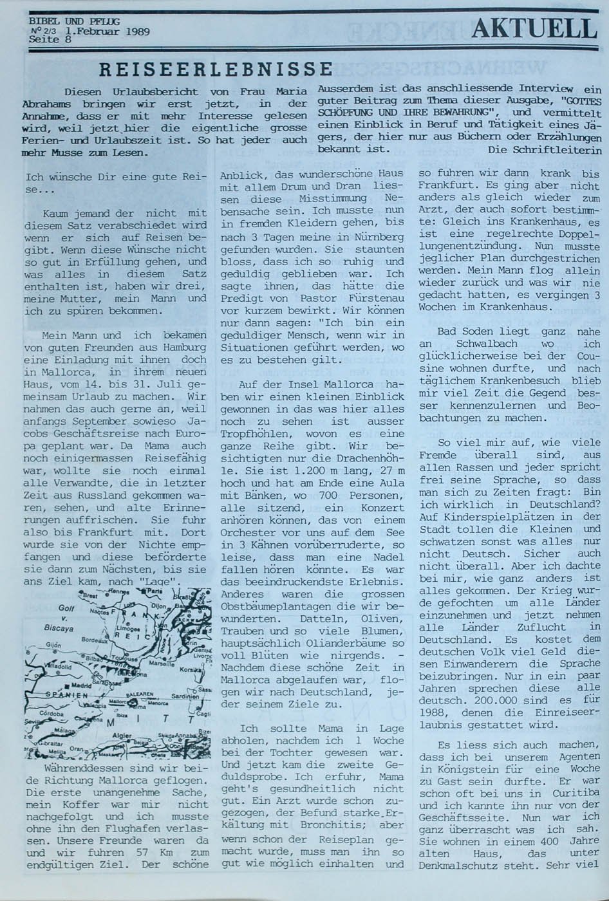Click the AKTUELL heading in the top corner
[534, 28]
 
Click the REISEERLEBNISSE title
[216, 68]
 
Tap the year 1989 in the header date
[138, 30]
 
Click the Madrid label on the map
[82, 685]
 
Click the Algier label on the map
[122, 735]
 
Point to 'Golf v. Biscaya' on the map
[61, 618]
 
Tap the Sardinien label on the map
[185, 696]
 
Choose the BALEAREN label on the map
[138, 694]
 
